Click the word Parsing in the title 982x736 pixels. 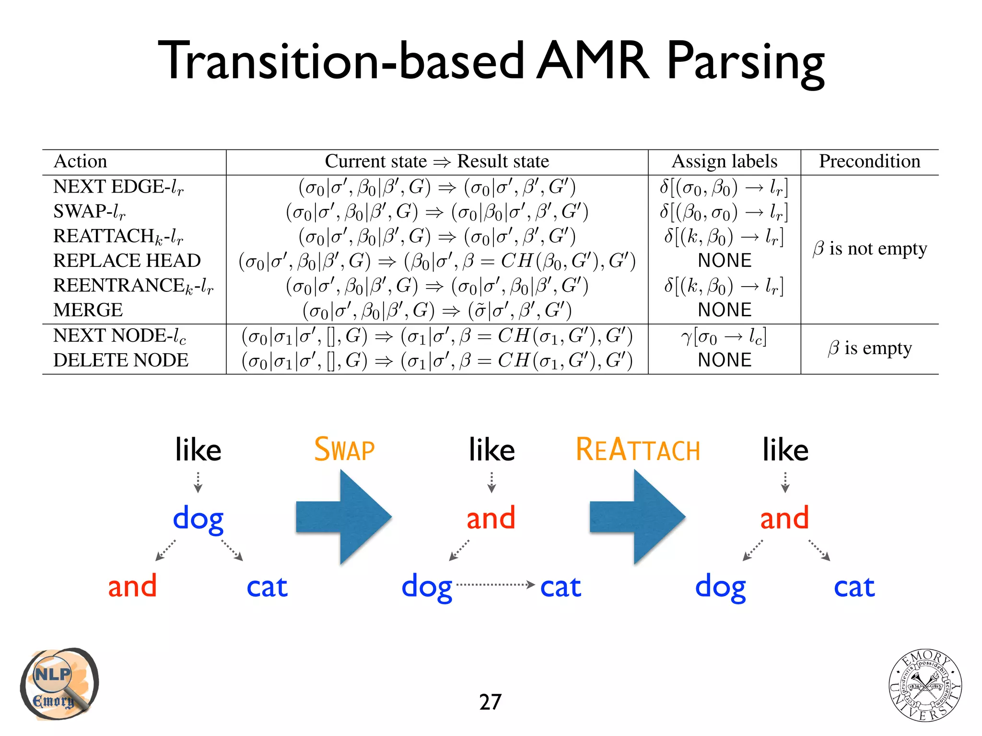(746, 62)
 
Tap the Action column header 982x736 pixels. (81, 161)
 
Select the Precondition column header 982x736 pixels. (869, 161)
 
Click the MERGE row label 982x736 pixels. (88, 310)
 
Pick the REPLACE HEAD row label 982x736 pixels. (127, 261)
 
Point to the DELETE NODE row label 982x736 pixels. (121, 360)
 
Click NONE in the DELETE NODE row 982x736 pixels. (725, 360)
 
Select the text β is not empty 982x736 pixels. (870, 249)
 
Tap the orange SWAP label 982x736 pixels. (344, 449)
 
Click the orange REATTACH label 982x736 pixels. (638, 449)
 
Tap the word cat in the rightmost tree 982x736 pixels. (854, 586)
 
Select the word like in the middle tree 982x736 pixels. (491, 450)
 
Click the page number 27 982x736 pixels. (490, 702)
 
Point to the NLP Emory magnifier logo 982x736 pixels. (58, 684)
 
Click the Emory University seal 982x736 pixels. (925, 685)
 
